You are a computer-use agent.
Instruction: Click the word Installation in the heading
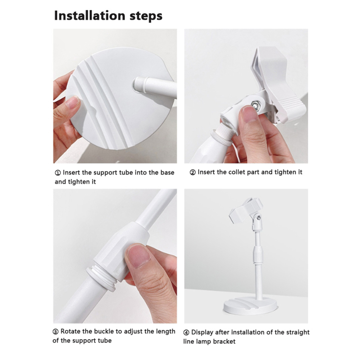pos(90,16)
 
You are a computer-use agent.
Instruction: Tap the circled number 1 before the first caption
pos(58,173)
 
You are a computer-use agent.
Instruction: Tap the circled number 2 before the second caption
pos(193,172)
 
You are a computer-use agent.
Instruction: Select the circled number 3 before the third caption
pos(55,332)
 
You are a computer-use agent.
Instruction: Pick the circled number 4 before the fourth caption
pos(186,333)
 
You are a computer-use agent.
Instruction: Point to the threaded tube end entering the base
pos(140,85)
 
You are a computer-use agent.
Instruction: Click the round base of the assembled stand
pos(250,306)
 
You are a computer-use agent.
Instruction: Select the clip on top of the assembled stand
pos(246,210)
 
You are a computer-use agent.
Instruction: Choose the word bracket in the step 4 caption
pos(224,342)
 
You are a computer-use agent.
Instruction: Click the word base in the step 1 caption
pos(167,173)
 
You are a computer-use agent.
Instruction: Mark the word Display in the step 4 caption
pos(202,333)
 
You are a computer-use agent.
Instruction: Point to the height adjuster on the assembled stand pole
pos(257,254)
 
